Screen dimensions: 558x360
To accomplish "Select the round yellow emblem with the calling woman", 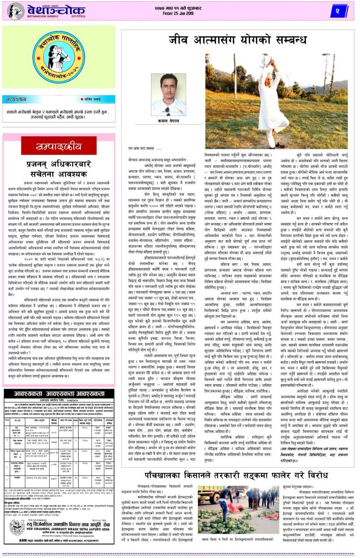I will (x=59, y=56).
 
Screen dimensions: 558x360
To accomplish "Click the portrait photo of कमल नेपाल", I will (x=168, y=95).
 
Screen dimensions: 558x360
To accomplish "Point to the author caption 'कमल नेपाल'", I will (x=168, y=121).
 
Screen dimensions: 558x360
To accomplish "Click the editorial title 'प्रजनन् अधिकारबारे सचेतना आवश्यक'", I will (x=59, y=169).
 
